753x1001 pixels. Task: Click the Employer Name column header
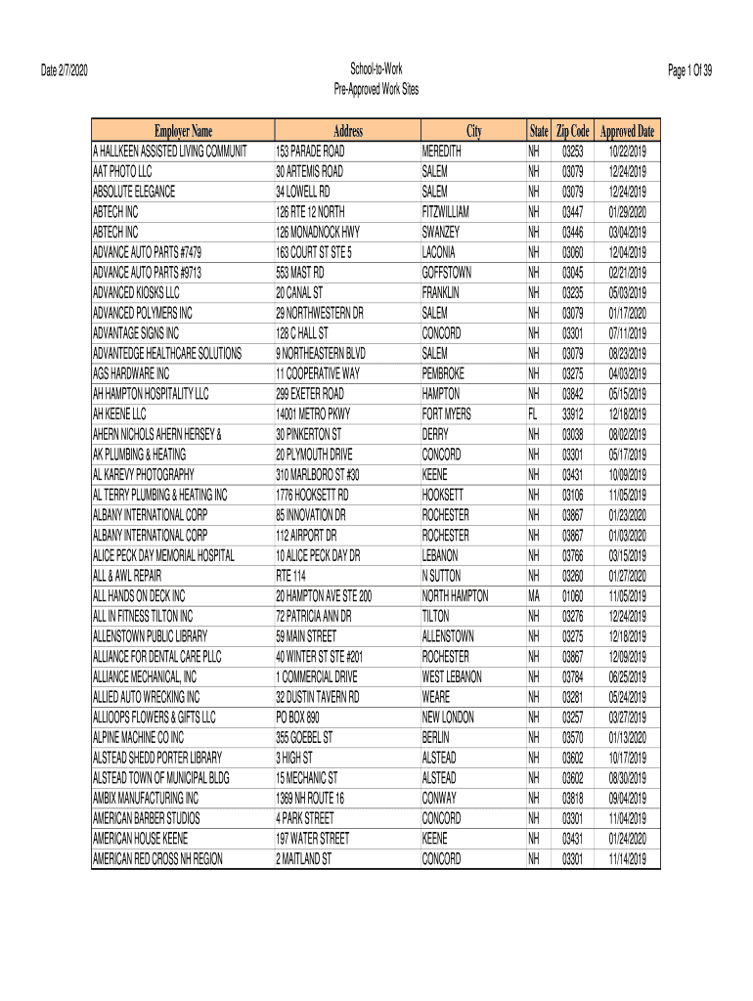182,132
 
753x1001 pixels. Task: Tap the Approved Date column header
627,132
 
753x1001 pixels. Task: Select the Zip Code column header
572,132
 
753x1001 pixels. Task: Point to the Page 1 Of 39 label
690,69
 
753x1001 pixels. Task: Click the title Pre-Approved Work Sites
376,89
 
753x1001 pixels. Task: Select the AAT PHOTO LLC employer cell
122,172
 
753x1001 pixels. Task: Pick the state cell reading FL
533,414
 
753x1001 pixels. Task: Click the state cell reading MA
534,596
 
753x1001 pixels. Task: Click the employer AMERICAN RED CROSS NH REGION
157,859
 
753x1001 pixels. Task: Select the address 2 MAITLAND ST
303,859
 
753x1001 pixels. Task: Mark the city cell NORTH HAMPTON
455,596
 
